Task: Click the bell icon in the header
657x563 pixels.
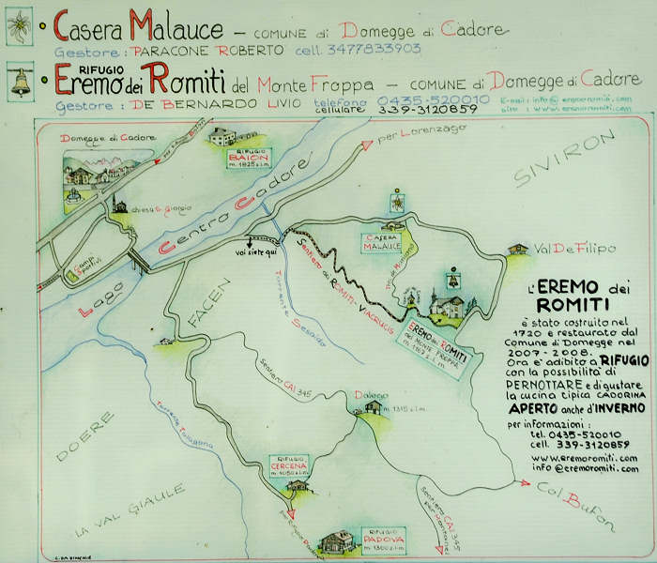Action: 19,82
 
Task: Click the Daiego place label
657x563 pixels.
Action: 373,395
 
